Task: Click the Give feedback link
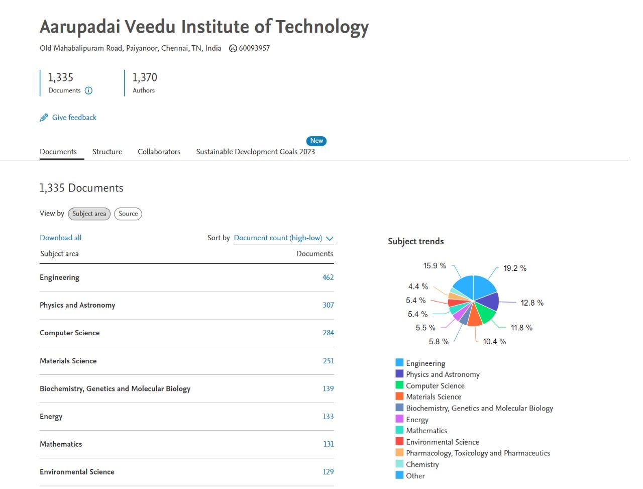pyautogui.click(x=74, y=118)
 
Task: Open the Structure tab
pyautogui.click(x=107, y=152)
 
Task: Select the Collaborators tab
pyautogui.click(x=159, y=152)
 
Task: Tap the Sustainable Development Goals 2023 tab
pyautogui.click(x=255, y=152)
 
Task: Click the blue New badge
pyautogui.click(x=316, y=141)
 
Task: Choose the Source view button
pyautogui.click(x=128, y=214)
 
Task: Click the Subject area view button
pyautogui.click(x=89, y=214)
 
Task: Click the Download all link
pyautogui.click(x=60, y=238)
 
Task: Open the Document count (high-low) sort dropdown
pyautogui.click(x=283, y=238)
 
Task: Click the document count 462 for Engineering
pyautogui.click(x=328, y=277)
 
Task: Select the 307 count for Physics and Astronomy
pyautogui.click(x=328, y=305)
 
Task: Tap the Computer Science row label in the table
pyautogui.click(x=69, y=333)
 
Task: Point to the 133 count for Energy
pyautogui.click(x=328, y=416)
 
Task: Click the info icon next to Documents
pyautogui.click(x=88, y=90)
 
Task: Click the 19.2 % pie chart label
pyautogui.click(x=515, y=268)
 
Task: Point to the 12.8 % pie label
pyautogui.click(x=532, y=303)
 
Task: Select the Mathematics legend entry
pyautogui.click(x=426, y=431)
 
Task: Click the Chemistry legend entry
pyautogui.click(x=422, y=464)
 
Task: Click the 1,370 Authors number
pyautogui.click(x=145, y=77)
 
